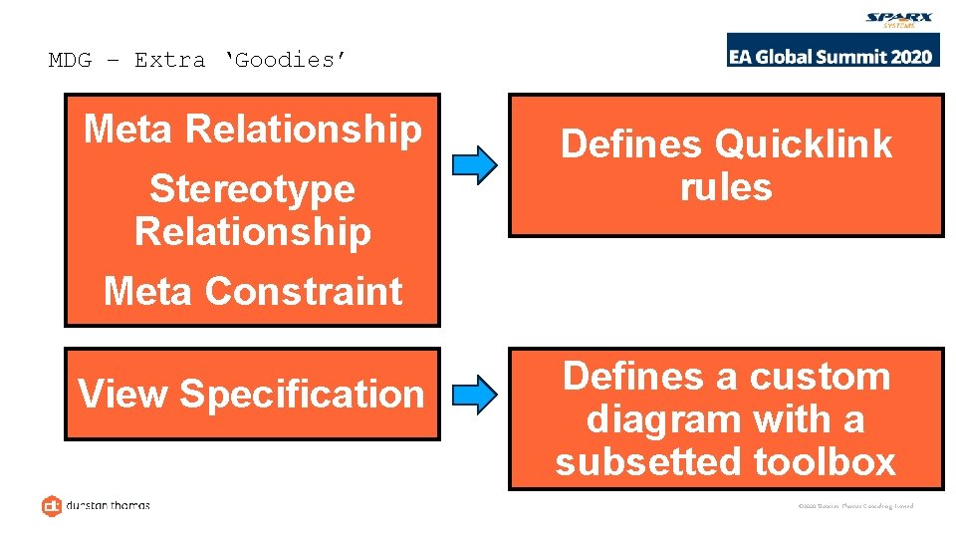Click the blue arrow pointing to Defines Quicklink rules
tap(474, 165)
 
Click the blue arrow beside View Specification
tap(474, 395)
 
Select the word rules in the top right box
tap(726, 187)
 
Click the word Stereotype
tap(252, 188)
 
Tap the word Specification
tap(302, 395)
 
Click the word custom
tap(820, 377)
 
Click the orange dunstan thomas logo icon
tap(52, 506)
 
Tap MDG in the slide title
tap(70, 60)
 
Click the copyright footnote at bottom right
tap(855, 506)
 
